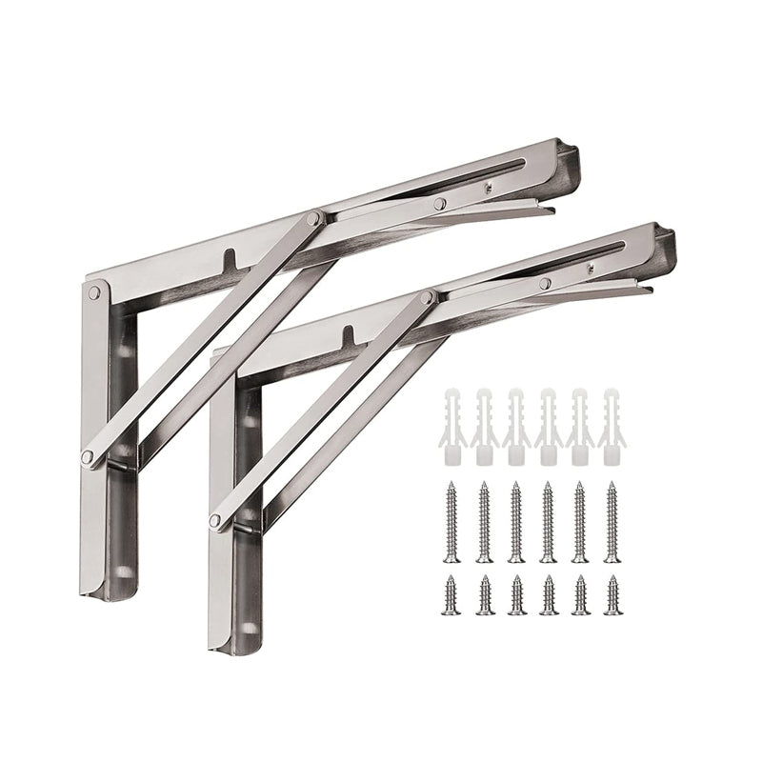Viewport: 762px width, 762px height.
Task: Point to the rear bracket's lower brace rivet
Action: (x=88, y=457)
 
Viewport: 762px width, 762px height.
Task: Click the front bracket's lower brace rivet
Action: (x=216, y=520)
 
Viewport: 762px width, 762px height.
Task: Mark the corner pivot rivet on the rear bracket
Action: (x=94, y=293)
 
